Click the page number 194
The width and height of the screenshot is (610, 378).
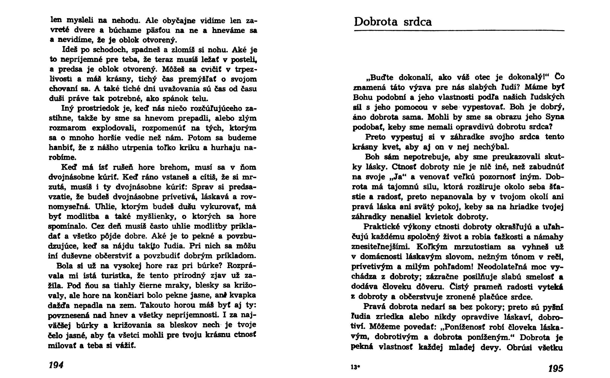click(x=56, y=365)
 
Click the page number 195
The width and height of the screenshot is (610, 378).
click(x=556, y=368)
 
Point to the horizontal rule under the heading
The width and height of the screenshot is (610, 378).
click(x=459, y=31)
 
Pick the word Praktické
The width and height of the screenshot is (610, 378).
click(x=382, y=227)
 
